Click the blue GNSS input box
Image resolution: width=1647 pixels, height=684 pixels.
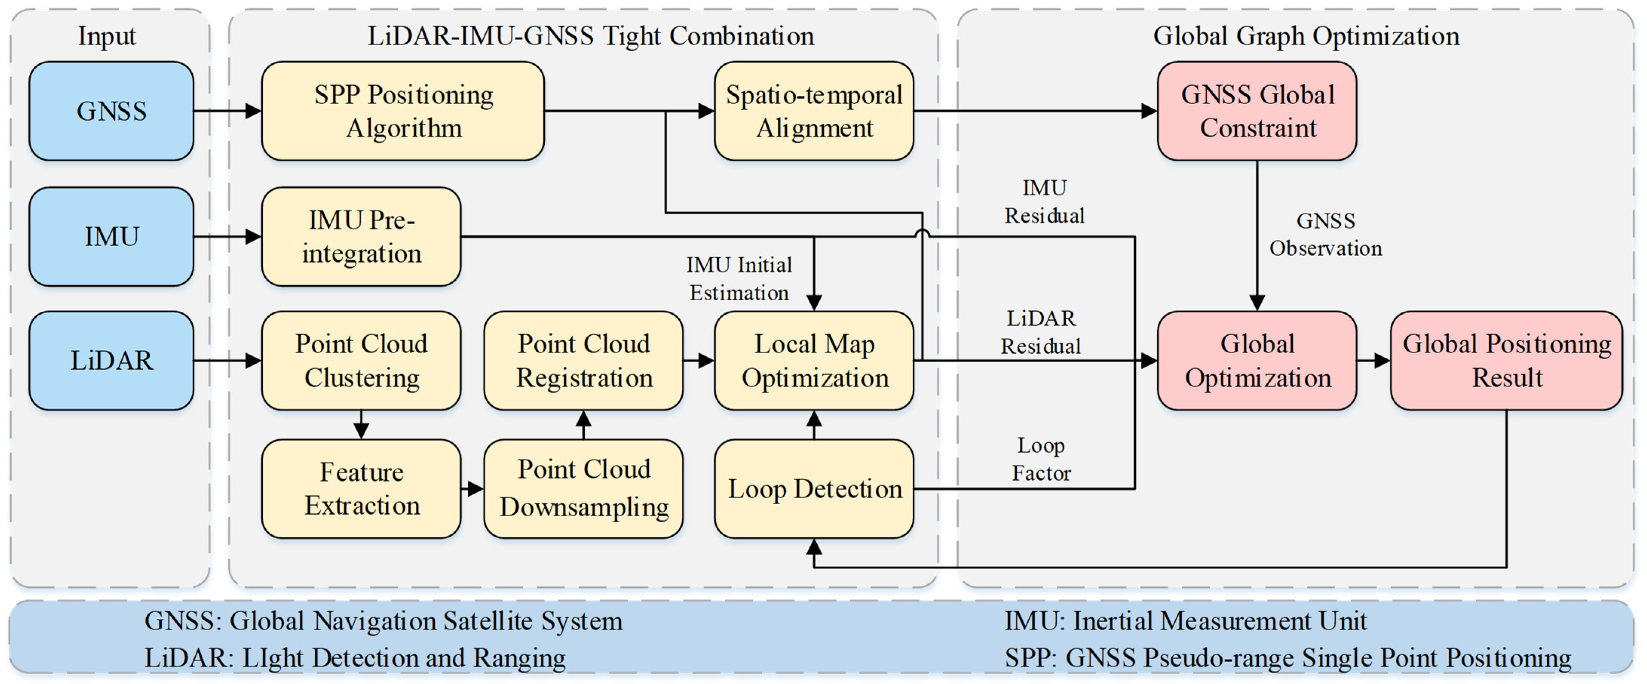[x=111, y=110]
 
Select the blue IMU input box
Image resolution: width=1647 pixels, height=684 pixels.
[x=111, y=237]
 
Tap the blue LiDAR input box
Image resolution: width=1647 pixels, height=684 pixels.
[x=111, y=361]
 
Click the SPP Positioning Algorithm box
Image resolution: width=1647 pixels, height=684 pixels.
[x=403, y=110]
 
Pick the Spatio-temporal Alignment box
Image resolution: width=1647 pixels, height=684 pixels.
[x=813, y=110]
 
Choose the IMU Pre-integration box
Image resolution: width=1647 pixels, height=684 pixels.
[x=361, y=237]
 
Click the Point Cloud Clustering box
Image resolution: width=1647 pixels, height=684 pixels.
[x=361, y=361]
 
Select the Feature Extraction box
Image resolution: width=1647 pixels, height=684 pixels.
[x=361, y=488]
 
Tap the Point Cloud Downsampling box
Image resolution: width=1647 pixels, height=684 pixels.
[x=583, y=488]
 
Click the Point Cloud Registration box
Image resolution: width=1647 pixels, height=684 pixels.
[x=583, y=361]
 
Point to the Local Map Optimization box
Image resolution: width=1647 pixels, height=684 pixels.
[x=813, y=361]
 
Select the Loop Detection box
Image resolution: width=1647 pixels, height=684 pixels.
[x=813, y=488]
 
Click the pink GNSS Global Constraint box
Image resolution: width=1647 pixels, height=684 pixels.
[x=1257, y=110]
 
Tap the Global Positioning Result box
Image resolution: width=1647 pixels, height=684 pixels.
[x=1506, y=361]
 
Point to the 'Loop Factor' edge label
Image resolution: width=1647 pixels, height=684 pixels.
[x=1041, y=459]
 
